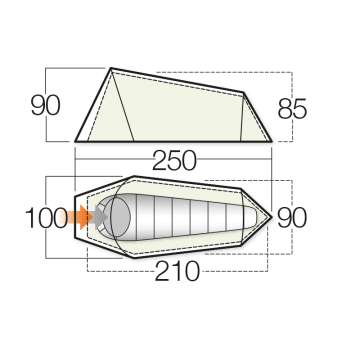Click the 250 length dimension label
180,161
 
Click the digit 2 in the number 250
160,161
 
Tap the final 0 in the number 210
199,272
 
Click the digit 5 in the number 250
180,161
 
